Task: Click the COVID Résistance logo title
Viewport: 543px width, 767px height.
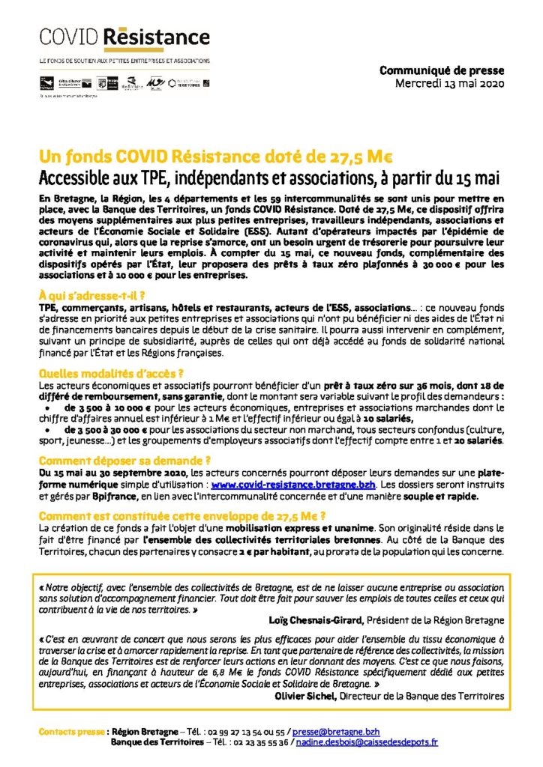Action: click(x=124, y=37)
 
